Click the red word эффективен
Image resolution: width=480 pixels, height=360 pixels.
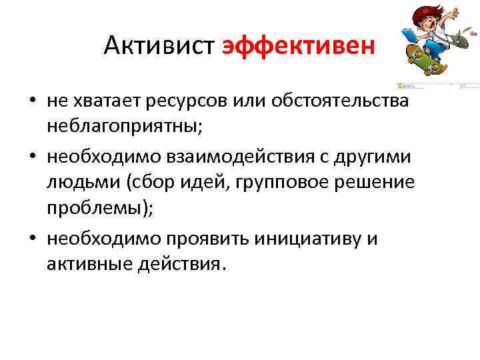pyautogui.click(x=299, y=46)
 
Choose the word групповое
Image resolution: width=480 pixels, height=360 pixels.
pyautogui.click(x=291, y=182)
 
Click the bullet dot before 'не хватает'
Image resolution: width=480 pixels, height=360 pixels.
pyautogui.click(x=31, y=102)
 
